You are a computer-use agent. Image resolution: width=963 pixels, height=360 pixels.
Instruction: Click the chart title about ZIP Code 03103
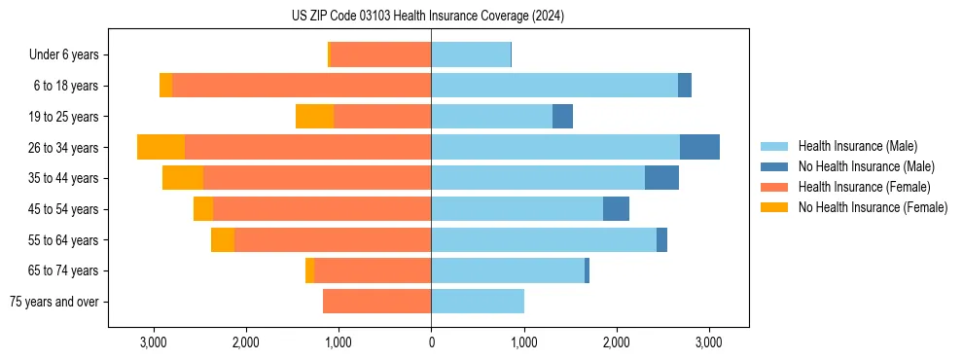click(x=428, y=17)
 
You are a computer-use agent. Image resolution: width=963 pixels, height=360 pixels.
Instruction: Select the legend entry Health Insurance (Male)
click(x=857, y=146)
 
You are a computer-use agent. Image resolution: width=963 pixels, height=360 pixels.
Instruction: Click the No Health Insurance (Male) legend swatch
click(x=775, y=166)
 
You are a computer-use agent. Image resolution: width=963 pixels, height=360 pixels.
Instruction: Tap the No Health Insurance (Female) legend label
click(x=873, y=207)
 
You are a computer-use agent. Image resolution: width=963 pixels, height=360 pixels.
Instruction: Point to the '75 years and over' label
click(x=54, y=302)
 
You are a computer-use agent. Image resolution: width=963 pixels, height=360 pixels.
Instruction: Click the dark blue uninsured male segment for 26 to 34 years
click(x=699, y=147)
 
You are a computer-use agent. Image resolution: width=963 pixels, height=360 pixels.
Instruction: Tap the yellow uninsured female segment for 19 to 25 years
click(x=314, y=117)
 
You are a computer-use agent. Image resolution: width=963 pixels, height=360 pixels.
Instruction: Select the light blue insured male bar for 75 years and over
click(x=478, y=302)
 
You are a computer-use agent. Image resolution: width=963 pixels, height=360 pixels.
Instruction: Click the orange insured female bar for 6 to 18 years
click(x=302, y=86)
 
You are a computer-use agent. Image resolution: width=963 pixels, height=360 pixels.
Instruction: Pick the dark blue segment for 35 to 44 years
click(x=661, y=178)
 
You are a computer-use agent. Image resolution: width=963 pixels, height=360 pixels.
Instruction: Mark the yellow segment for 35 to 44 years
click(x=183, y=178)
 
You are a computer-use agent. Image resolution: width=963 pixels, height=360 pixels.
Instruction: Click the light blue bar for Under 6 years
click(x=471, y=55)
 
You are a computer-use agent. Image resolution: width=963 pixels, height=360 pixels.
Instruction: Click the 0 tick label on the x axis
click(x=431, y=342)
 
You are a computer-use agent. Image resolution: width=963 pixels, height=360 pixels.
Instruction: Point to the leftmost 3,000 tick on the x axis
click(x=153, y=342)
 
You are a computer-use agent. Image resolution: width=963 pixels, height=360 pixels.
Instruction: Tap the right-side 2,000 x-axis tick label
click(x=616, y=342)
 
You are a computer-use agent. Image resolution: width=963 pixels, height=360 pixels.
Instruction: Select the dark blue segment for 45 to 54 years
click(x=616, y=209)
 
